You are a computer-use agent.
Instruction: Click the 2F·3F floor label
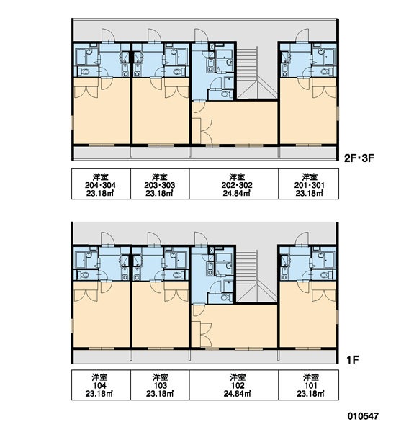[x=359, y=158]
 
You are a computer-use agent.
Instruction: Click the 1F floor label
[x=353, y=359]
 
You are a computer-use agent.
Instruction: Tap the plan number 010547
[x=363, y=416]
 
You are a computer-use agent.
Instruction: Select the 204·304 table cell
[x=101, y=184]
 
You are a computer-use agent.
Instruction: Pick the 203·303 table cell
[x=160, y=184]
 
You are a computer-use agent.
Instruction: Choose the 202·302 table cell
[x=234, y=184]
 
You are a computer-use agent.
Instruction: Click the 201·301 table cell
[x=309, y=184]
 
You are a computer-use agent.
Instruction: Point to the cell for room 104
[x=101, y=385]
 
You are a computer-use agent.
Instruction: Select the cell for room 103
[x=160, y=385]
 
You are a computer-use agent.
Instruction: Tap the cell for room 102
[x=234, y=385]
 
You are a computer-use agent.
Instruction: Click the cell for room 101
[x=309, y=385]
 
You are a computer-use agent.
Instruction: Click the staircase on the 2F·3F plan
[x=257, y=73]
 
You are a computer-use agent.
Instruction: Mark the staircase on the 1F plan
[x=257, y=276]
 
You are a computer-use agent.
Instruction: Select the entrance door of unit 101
[x=302, y=238]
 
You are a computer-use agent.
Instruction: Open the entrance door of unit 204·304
[x=108, y=35]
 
